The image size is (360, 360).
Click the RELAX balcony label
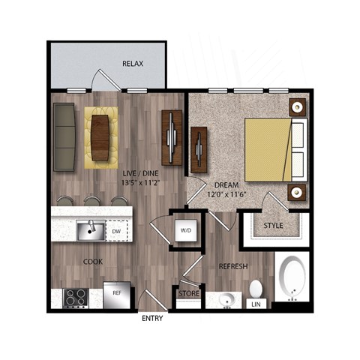(x=133, y=64)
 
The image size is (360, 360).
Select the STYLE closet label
(x=274, y=225)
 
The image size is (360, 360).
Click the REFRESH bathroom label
(x=232, y=267)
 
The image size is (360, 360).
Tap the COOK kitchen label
(x=94, y=262)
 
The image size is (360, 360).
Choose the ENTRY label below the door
(x=152, y=319)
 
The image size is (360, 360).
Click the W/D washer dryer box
(x=185, y=229)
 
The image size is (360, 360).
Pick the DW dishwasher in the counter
(x=116, y=231)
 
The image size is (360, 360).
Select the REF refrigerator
(x=116, y=294)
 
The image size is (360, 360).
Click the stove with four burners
(x=76, y=298)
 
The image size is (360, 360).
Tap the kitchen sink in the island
(x=90, y=229)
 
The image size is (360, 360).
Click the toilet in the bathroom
(x=256, y=289)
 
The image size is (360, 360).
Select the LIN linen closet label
(x=256, y=304)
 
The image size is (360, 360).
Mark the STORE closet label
(x=188, y=293)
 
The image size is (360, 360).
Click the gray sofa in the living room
(x=65, y=136)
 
